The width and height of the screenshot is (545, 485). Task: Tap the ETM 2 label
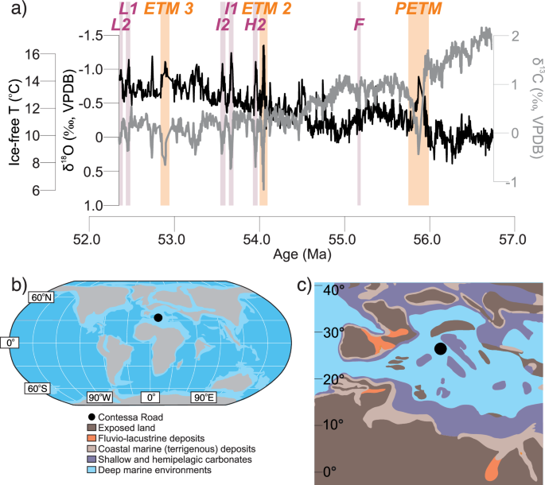point(267,9)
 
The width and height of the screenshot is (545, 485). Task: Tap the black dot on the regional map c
point(440,349)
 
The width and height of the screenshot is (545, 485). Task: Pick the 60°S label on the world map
point(38,390)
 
